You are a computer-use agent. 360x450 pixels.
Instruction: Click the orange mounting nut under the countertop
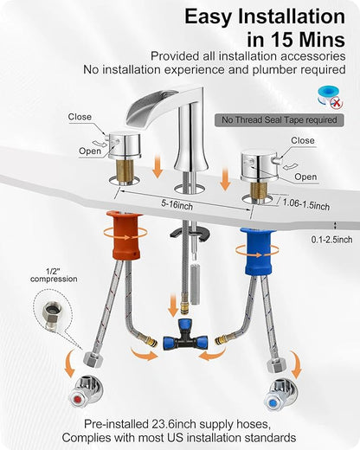pyautogui.click(x=125, y=235)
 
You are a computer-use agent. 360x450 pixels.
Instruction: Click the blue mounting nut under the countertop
pyautogui.click(x=258, y=251)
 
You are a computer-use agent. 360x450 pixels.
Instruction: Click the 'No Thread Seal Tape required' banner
pyautogui.click(x=280, y=120)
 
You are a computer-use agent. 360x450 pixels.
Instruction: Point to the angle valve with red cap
pyautogui.click(x=86, y=392)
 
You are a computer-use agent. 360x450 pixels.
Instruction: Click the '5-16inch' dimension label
pyautogui.click(x=177, y=204)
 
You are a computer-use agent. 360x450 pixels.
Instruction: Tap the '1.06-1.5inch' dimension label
pyautogui.click(x=305, y=203)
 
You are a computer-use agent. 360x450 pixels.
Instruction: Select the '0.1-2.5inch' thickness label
pyautogui.click(x=331, y=240)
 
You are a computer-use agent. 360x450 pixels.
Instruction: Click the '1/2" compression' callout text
pyautogui.click(x=54, y=275)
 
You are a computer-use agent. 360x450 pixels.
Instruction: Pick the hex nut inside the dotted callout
pyautogui.click(x=49, y=312)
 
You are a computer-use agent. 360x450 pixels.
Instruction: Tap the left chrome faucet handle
pyautogui.click(x=124, y=145)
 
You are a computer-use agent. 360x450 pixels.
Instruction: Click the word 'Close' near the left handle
pyautogui.click(x=80, y=117)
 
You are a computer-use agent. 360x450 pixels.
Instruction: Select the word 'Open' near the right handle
pyautogui.click(x=305, y=177)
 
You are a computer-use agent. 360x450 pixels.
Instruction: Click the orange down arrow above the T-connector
pyautogui.click(x=173, y=305)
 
